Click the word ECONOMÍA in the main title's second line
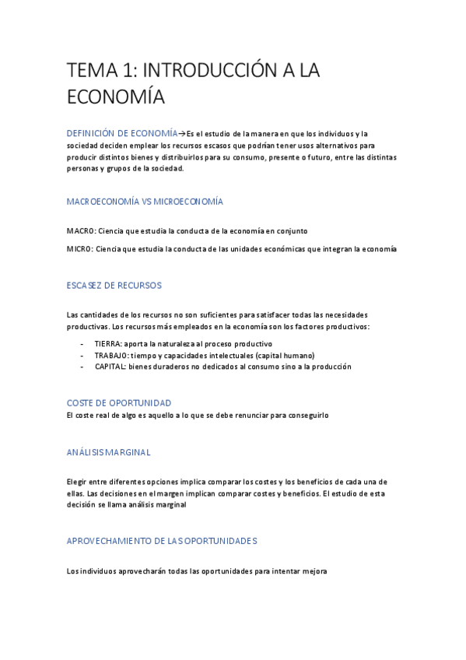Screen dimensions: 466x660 [x=116, y=97]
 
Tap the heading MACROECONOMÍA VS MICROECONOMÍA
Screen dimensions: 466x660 [x=145, y=202]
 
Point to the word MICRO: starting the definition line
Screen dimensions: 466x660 [x=80, y=249]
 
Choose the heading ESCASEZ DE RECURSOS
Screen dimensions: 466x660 [x=114, y=286]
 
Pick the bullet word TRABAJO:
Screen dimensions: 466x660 [x=112, y=355]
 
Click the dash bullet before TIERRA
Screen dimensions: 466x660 [x=82, y=343]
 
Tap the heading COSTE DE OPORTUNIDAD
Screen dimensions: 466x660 [x=119, y=403]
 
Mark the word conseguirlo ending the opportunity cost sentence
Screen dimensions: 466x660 [x=309, y=415]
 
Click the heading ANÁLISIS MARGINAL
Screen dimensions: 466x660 [x=109, y=452]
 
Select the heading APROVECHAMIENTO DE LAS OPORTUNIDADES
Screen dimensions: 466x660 [x=162, y=540]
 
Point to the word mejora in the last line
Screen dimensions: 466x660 [x=314, y=571]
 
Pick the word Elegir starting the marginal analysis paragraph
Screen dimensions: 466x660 [x=79, y=482]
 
